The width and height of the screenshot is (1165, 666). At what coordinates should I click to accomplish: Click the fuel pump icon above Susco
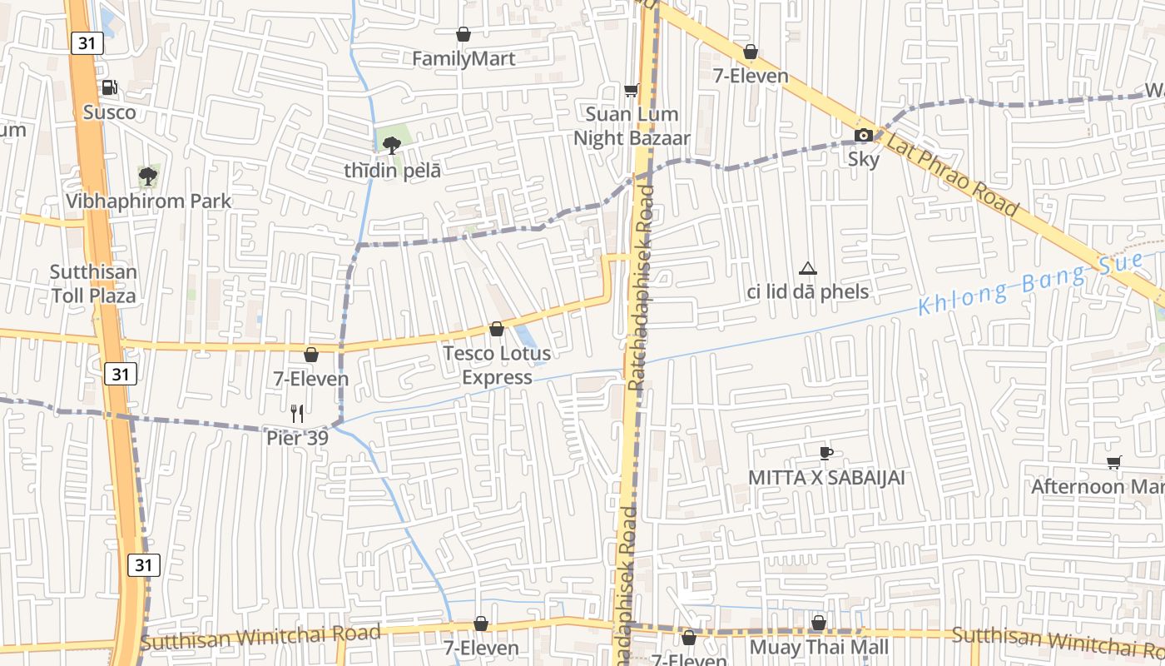click(109, 87)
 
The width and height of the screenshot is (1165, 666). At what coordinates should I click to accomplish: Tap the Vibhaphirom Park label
click(148, 201)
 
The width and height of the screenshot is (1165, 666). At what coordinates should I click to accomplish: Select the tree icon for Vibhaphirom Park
click(148, 176)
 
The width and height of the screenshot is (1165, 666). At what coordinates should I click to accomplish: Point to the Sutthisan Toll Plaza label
click(93, 284)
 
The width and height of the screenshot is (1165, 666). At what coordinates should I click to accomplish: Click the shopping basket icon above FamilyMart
click(464, 34)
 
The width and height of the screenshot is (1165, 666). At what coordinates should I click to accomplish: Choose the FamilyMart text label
click(464, 59)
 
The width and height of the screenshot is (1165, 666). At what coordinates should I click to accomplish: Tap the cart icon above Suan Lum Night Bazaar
click(632, 90)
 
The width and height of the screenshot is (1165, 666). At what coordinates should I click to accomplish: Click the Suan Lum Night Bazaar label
click(632, 126)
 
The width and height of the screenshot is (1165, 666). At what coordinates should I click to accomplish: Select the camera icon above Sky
click(864, 135)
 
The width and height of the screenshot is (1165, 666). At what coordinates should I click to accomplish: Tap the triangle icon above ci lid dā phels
click(807, 268)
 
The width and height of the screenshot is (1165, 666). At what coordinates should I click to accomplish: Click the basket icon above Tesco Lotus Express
click(497, 329)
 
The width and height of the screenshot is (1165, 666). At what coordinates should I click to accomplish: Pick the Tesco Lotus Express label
click(497, 365)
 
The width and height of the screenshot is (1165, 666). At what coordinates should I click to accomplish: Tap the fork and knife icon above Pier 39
click(296, 412)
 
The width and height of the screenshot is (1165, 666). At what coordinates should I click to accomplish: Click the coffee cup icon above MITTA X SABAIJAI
click(825, 453)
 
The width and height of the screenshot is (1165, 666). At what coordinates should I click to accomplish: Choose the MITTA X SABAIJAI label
click(825, 478)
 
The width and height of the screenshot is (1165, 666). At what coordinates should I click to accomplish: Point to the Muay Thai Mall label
click(819, 647)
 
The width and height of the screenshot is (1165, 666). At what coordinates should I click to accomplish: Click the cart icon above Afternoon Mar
click(1113, 462)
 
